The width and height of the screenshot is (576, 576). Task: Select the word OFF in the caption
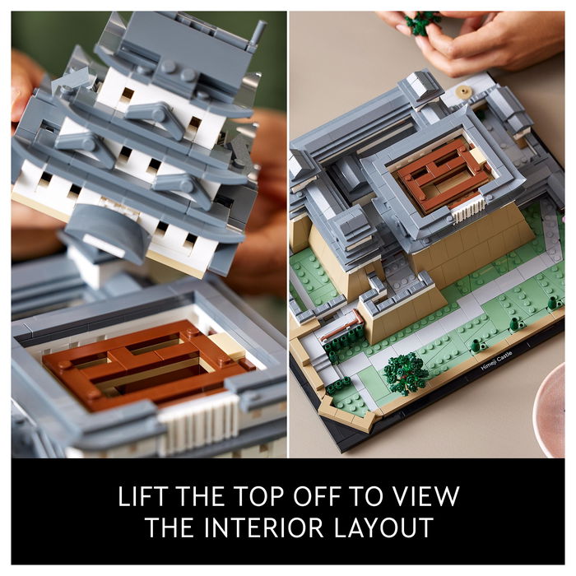click(316, 496)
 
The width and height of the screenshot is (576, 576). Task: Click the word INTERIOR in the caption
click(264, 527)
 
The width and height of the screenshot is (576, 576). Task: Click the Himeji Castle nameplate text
click(496, 360)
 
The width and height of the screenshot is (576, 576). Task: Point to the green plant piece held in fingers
click(423, 23)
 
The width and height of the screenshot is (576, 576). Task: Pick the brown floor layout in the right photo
click(445, 176)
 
